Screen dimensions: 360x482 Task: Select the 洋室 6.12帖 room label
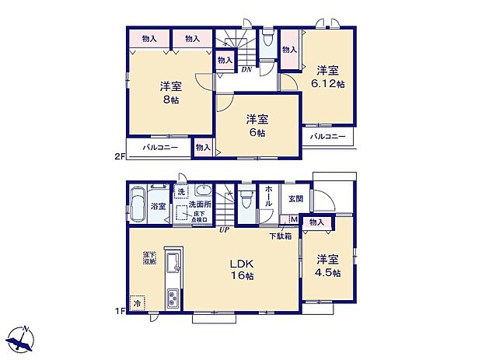pos(329,76)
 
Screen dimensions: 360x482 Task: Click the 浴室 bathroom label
pos(158,206)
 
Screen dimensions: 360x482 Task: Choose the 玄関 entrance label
pos(295,198)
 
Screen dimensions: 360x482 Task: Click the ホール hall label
pos(268,197)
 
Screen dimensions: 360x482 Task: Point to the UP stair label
pos(223,229)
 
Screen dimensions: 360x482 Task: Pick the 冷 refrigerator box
pos(138,304)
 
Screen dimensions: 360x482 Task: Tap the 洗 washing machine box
pos(180,192)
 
